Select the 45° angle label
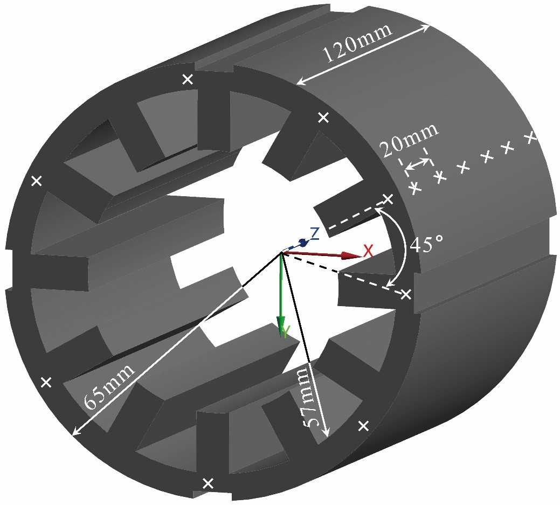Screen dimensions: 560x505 click(x=426, y=244)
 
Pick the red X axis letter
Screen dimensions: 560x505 click(x=368, y=250)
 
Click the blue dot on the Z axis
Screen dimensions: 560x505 click(x=303, y=243)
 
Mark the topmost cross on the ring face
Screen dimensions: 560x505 click(x=188, y=79)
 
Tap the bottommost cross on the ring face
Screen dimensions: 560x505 click(x=207, y=483)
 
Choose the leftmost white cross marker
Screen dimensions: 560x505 click(x=37, y=181)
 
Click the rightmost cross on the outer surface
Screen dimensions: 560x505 click(x=530, y=137)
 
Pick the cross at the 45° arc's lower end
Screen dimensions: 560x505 click(x=406, y=294)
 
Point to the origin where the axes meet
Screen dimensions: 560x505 click(x=281, y=252)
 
